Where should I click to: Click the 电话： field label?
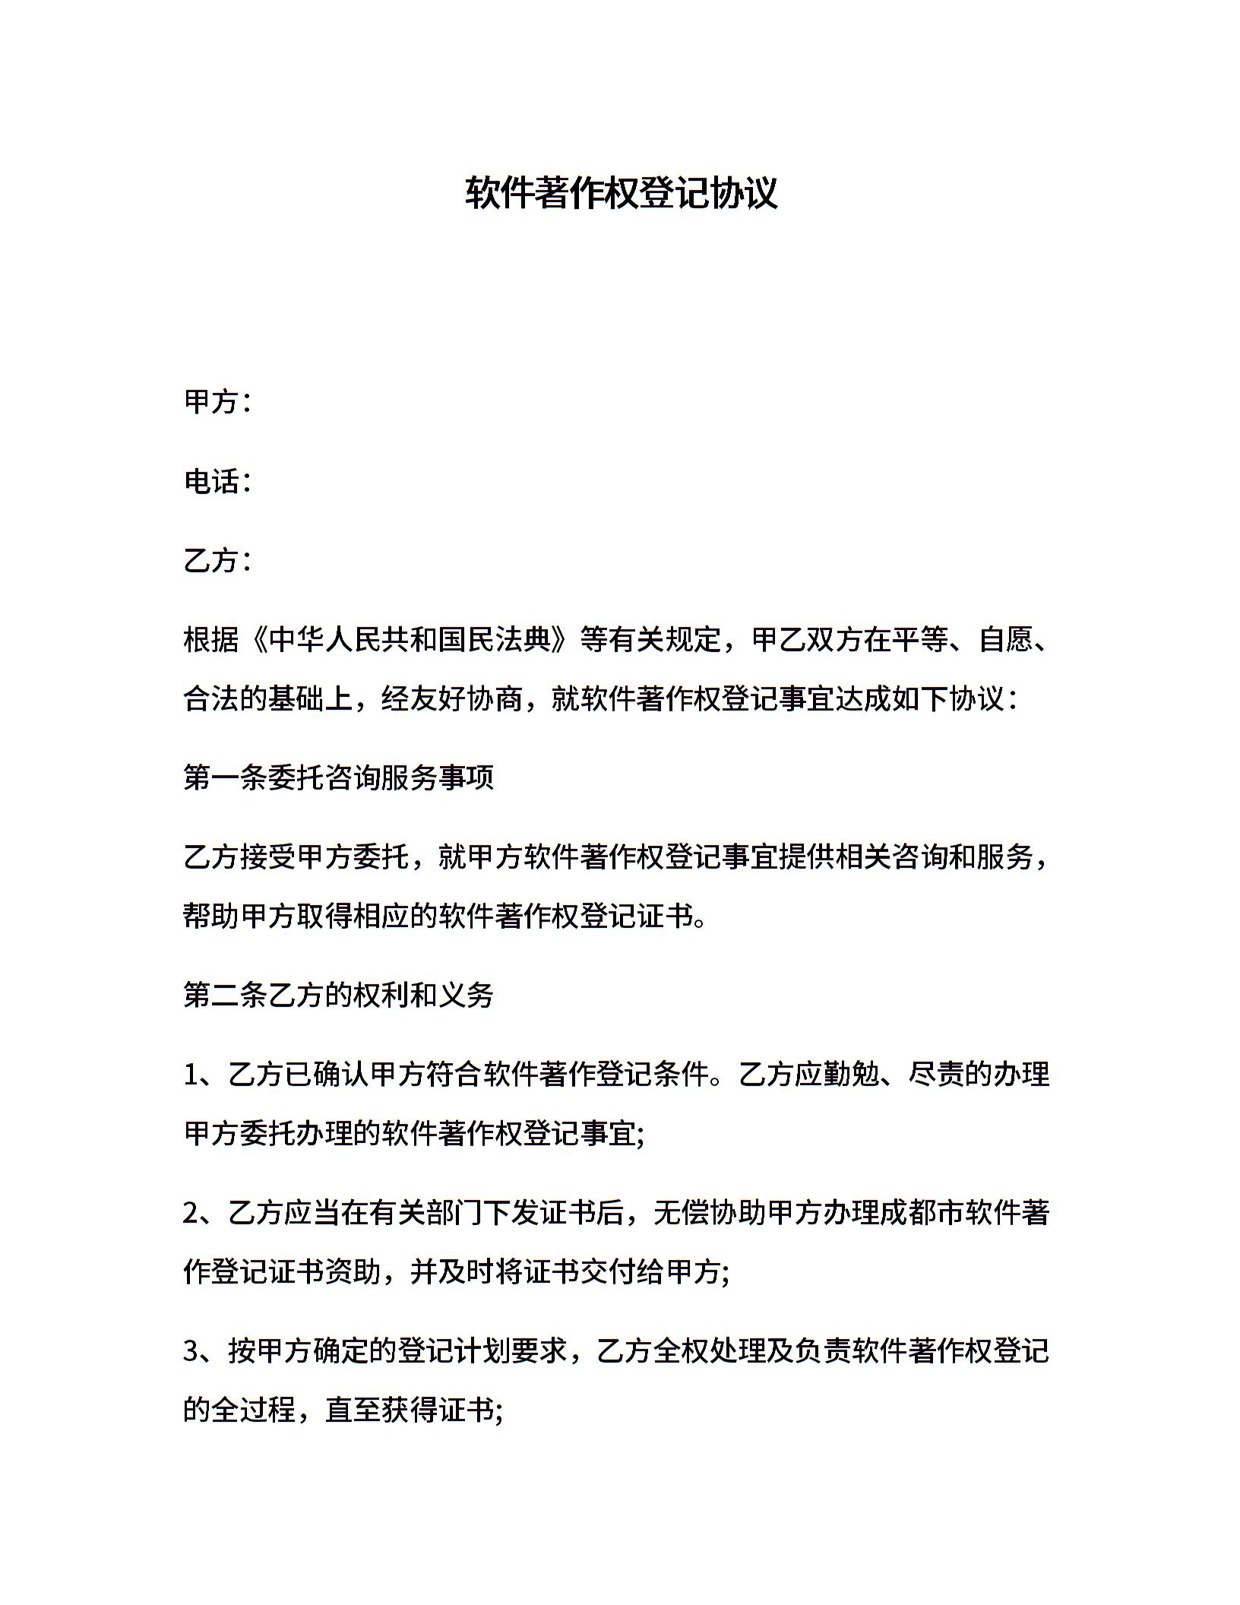(x=217, y=481)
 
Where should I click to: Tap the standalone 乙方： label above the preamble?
(x=217, y=561)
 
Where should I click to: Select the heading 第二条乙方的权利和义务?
(x=339, y=995)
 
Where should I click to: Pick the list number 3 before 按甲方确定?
(x=191, y=1350)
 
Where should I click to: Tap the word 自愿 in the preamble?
(x=1007, y=640)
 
